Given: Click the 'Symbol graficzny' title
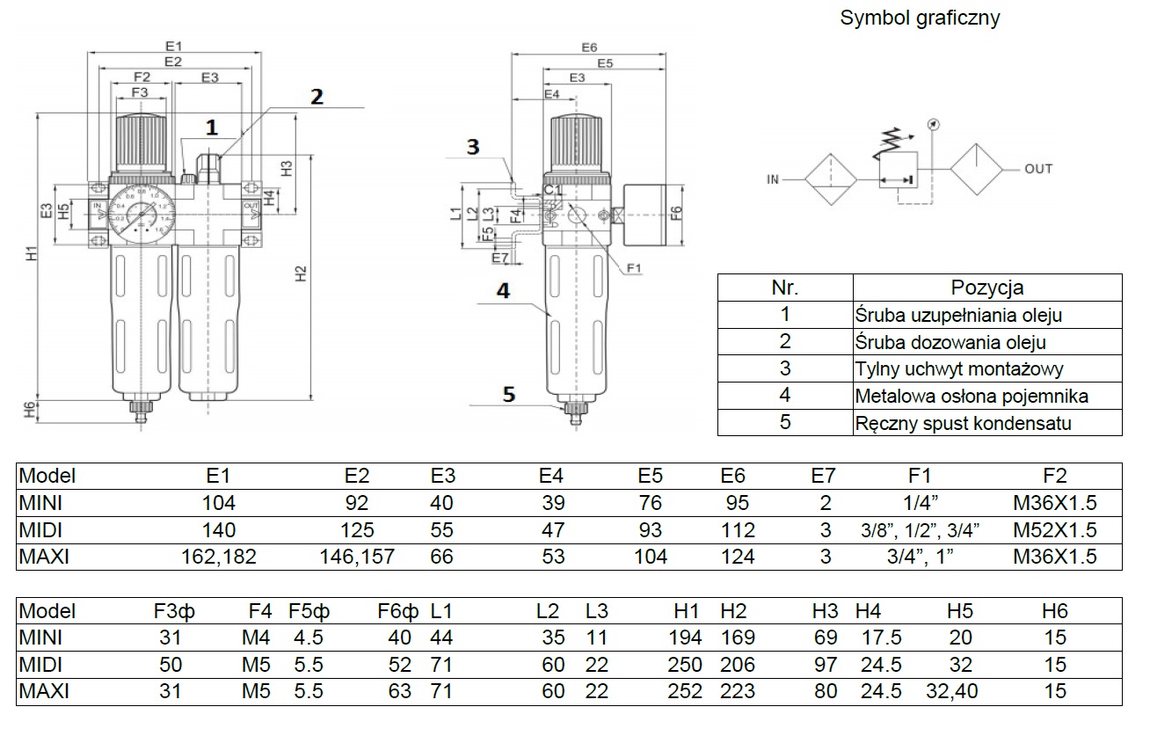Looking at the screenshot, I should click(920, 18).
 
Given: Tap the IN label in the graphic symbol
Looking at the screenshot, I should click(773, 180).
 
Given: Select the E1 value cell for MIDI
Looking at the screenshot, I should click(218, 530).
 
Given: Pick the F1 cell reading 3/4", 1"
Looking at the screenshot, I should click(919, 557).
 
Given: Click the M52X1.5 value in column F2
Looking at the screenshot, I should click(1054, 530).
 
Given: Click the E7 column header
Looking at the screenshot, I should click(824, 477).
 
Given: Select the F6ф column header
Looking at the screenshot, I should click(395, 611).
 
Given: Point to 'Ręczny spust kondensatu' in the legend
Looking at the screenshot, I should click(963, 423).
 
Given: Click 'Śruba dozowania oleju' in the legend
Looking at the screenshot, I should click(950, 342).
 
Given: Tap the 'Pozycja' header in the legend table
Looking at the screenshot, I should click(986, 288).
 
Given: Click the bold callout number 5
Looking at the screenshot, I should click(508, 394).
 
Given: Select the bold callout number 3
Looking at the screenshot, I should click(473, 147).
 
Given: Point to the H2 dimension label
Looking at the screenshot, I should click(300, 273).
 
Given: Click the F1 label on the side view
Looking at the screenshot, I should click(634, 267).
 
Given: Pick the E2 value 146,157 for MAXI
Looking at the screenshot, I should click(356, 557).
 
